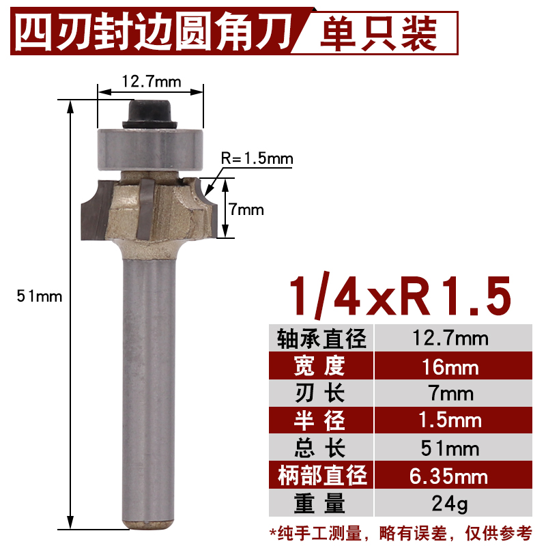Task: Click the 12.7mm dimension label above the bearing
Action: [x=151, y=82]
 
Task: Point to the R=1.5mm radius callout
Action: [x=257, y=159]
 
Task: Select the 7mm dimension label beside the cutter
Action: [x=246, y=210]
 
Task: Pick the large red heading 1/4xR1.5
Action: [x=400, y=295]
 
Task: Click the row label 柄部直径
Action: [x=321, y=475]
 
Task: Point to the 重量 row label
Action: [x=321, y=503]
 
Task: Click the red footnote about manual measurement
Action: [x=400, y=531]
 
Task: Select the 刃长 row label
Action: [x=321, y=394]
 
